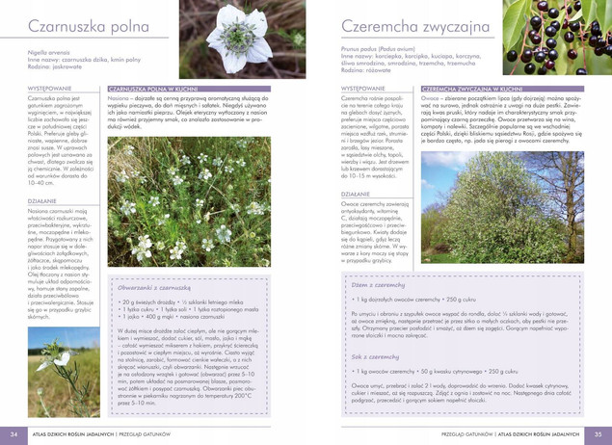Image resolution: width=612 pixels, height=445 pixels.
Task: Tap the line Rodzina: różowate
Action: click(365, 70)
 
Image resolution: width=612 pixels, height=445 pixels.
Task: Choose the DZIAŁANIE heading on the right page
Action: click(357, 194)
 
